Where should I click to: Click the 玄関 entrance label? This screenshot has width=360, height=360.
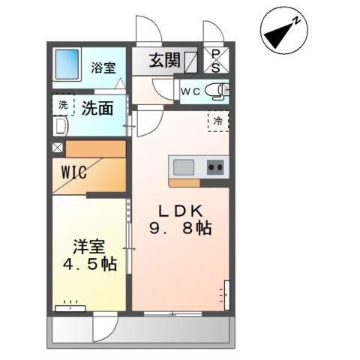[x=163, y=61]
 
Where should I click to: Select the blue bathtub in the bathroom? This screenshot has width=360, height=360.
[x=70, y=64]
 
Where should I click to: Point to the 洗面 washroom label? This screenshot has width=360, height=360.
[x=97, y=108]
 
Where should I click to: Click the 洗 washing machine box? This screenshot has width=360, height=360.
[x=62, y=106]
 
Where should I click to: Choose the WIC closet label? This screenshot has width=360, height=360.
[x=74, y=172]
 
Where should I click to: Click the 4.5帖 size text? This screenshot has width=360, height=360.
[x=88, y=264]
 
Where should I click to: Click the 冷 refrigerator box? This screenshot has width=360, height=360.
[x=218, y=121]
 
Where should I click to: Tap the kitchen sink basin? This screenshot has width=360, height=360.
[x=184, y=166]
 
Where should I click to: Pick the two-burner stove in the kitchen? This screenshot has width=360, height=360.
[x=216, y=166]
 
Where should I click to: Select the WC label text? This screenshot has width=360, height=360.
[x=188, y=91]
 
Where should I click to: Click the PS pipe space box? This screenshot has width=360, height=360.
[x=216, y=60]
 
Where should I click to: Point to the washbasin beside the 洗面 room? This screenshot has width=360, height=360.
[x=61, y=127]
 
